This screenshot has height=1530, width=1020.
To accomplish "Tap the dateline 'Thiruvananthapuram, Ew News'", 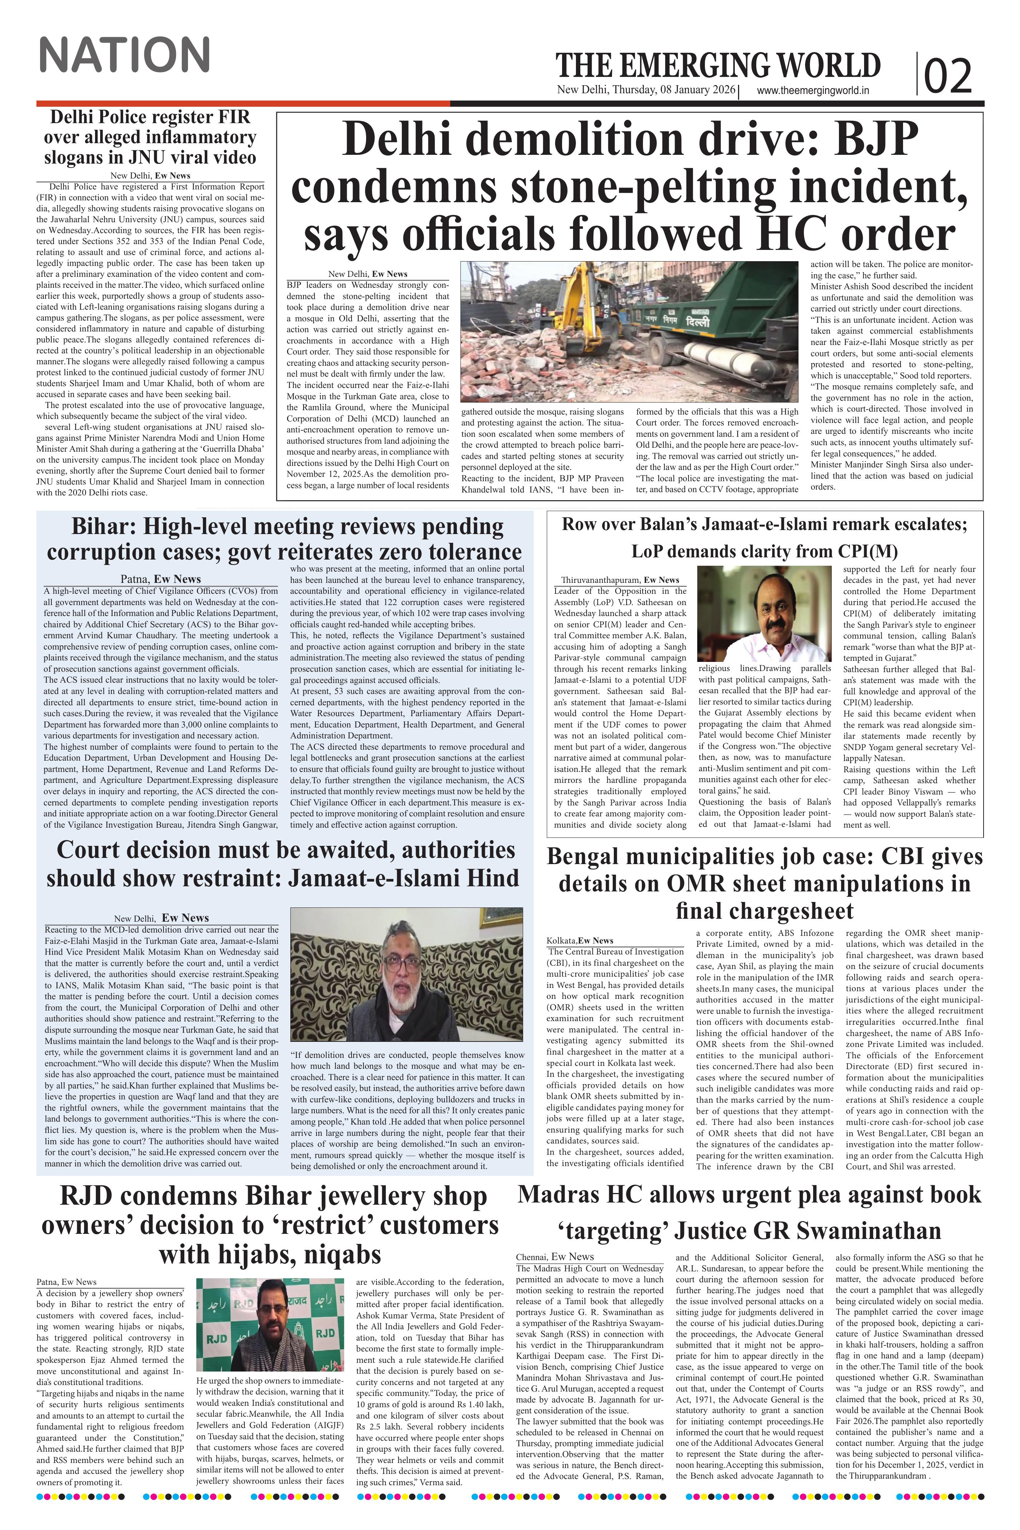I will tap(620, 580).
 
